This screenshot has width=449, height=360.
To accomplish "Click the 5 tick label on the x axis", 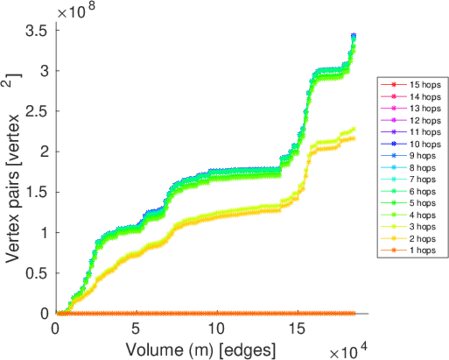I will (136, 329).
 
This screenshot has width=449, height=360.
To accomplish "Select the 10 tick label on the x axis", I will (216, 329).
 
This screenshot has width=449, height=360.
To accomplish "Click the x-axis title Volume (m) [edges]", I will (200, 349).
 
